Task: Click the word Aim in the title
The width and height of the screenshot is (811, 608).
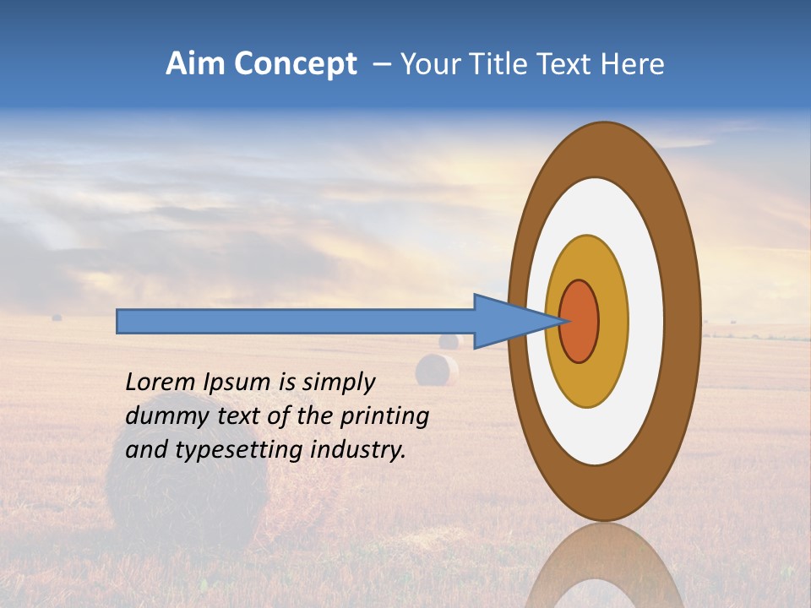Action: pyautogui.click(x=196, y=64)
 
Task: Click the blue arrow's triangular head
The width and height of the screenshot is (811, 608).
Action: pyautogui.click(x=507, y=322)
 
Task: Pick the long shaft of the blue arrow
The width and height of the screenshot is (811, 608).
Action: pyautogui.click(x=296, y=322)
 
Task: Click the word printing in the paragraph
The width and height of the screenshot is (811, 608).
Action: pyautogui.click(x=385, y=417)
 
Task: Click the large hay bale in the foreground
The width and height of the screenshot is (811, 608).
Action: pyautogui.click(x=186, y=490)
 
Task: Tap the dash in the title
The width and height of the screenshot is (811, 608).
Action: pyautogui.click(x=382, y=65)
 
